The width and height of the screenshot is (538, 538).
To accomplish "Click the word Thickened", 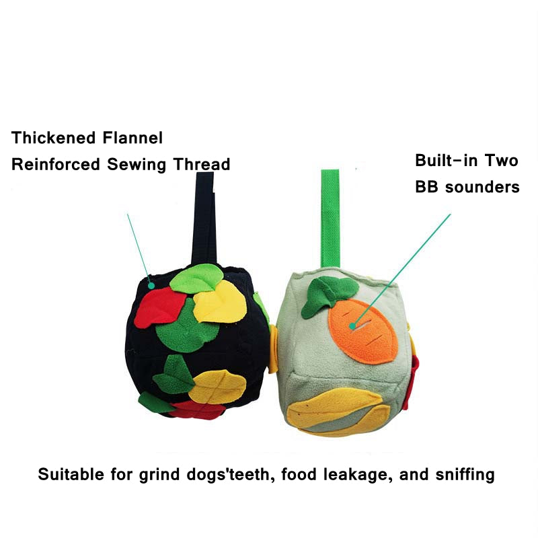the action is pyautogui.click(x=54, y=138).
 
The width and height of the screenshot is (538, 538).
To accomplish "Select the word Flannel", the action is pyautogui.click(x=132, y=138).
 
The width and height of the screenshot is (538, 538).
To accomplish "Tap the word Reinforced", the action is pyautogui.click(x=56, y=164).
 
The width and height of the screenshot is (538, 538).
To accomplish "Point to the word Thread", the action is pyautogui.click(x=201, y=164).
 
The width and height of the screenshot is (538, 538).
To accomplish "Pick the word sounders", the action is pyautogui.click(x=482, y=187).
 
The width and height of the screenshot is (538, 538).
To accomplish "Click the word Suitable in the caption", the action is pyautogui.click(x=71, y=475).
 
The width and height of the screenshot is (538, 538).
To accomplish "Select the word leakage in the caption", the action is pyautogui.click(x=358, y=475).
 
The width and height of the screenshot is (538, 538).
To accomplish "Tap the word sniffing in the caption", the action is pyautogui.click(x=465, y=475).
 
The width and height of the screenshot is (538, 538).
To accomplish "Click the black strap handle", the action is pyautogui.click(x=204, y=220).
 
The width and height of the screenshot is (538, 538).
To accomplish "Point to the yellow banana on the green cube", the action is pyautogui.click(x=334, y=410).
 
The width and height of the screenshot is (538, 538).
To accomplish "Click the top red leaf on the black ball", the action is pyautogui.click(x=159, y=308).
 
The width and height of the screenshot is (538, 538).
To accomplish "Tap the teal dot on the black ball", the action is pyautogui.click(x=151, y=285).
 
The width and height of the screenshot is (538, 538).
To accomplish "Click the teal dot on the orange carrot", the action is pyautogui.click(x=352, y=326).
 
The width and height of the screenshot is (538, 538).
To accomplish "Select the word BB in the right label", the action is pyautogui.click(x=426, y=187).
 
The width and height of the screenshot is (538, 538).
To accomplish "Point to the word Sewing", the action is pyautogui.click(x=137, y=165).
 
